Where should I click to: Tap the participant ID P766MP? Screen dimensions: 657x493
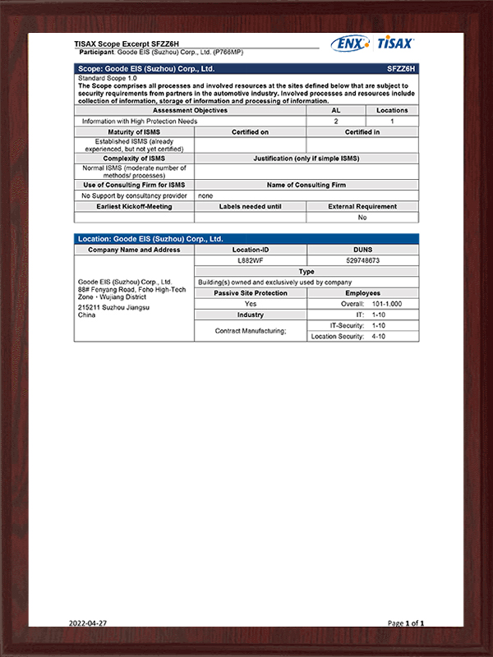point(228,52)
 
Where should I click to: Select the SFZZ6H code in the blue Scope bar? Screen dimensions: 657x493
point(401,69)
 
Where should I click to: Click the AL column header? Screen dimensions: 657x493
point(335,110)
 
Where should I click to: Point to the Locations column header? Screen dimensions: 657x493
point(391,110)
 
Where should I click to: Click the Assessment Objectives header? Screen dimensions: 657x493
point(191,110)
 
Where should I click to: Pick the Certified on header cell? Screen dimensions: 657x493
point(250,131)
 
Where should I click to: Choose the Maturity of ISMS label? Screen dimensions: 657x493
point(134,131)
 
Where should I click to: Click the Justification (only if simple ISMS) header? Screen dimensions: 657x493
point(306,158)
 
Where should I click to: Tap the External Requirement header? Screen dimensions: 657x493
point(362,206)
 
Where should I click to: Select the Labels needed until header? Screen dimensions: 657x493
point(250,206)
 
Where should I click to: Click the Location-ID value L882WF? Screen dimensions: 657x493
point(250,260)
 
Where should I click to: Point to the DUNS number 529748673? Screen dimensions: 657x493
point(362,260)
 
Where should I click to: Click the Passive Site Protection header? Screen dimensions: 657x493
point(250,293)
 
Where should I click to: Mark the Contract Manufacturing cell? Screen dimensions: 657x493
point(250,331)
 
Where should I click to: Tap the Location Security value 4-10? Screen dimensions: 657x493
point(379,337)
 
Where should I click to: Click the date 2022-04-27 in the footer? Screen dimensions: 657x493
point(88,623)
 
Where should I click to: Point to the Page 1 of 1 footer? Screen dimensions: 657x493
point(406,623)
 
